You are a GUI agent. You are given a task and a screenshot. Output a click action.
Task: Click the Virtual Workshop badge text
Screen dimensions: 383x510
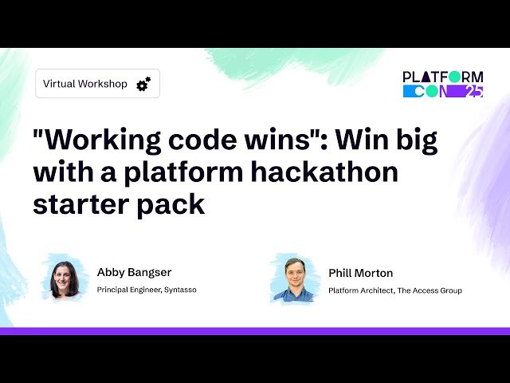point(84,84)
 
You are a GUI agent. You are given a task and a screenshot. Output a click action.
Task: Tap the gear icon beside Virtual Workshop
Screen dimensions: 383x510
point(143,84)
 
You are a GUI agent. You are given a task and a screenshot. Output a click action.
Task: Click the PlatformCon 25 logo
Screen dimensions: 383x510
point(442,84)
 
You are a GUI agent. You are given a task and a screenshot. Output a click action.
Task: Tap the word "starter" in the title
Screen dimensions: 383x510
point(78,203)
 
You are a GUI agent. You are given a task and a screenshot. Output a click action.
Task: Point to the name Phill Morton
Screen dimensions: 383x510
point(360,273)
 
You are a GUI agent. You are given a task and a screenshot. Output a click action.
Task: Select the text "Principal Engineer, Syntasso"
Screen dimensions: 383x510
point(147,290)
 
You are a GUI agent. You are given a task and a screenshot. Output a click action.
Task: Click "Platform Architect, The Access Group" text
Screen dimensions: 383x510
point(395,290)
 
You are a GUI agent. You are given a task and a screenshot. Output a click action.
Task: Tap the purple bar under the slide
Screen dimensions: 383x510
point(255,331)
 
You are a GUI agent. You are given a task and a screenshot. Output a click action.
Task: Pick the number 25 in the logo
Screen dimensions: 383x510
point(473,92)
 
